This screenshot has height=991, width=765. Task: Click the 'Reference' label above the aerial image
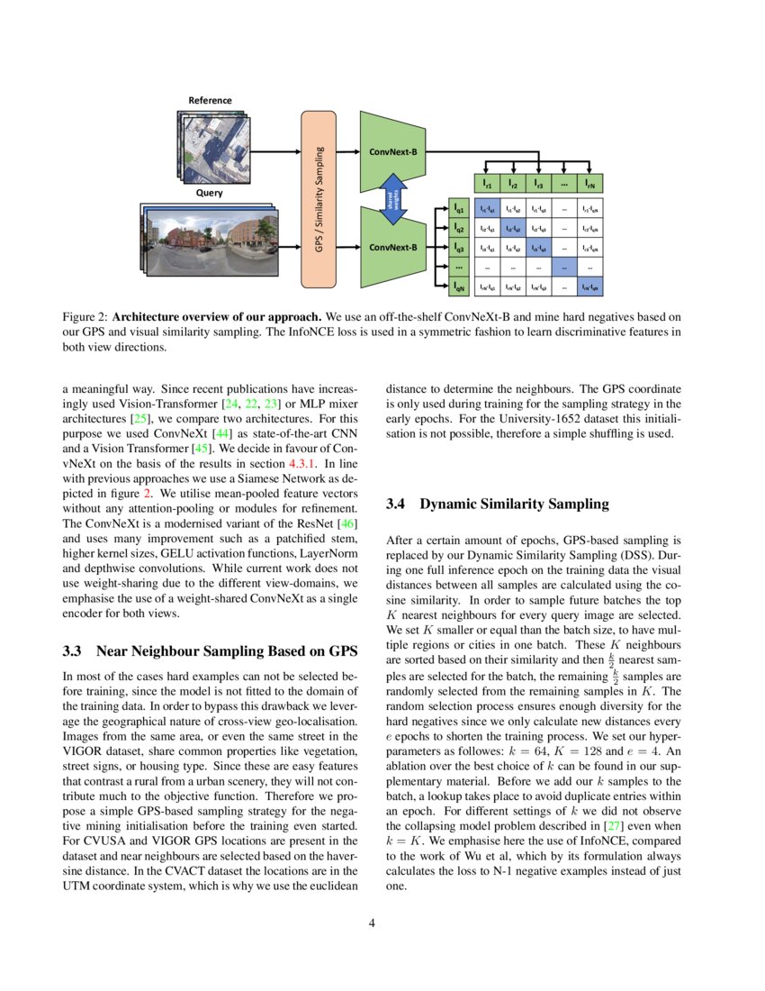point(210,100)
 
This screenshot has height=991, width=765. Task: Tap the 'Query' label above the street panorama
point(210,193)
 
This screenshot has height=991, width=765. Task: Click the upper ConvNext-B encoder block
point(393,150)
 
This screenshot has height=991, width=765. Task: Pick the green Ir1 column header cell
point(487,184)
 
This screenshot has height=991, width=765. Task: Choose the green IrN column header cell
point(589,184)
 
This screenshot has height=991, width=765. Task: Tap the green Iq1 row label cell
point(459,209)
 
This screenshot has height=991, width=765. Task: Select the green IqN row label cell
point(459,287)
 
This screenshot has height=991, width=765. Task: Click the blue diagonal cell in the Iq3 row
point(538,248)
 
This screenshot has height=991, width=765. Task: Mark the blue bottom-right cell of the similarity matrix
point(589,287)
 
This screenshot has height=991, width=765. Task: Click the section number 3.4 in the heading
point(397,505)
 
